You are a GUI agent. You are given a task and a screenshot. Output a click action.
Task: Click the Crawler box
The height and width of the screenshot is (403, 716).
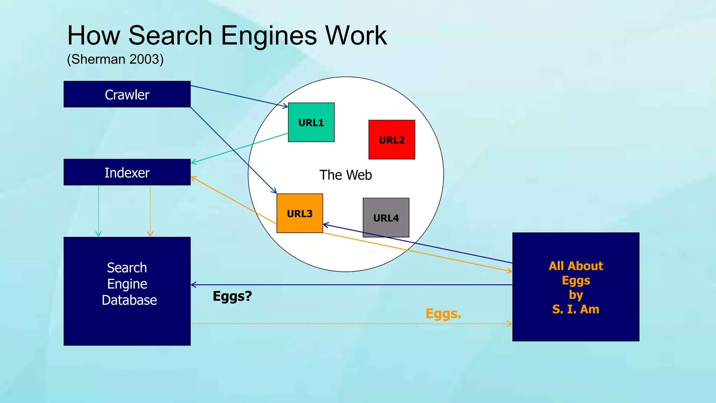(x=127, y=94)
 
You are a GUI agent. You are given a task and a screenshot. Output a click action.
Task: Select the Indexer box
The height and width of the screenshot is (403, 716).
(x=127, y=172)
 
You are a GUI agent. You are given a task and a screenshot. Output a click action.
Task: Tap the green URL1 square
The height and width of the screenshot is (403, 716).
(x=311, y=122)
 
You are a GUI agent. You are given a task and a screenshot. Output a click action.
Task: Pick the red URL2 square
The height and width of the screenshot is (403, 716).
(x=392, y=140)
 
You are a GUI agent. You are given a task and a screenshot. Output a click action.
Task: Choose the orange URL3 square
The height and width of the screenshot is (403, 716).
(x=300, y=213)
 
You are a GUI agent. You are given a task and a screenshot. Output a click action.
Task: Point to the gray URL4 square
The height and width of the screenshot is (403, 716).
(x=386, y=218)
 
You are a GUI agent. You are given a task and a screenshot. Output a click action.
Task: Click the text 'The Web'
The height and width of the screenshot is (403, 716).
(x=346, y=175)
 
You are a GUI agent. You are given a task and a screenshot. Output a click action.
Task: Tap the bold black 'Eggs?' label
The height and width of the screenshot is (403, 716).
(x=232, y=296)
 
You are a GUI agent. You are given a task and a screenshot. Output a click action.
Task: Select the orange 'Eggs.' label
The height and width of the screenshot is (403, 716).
(x=443, y=313)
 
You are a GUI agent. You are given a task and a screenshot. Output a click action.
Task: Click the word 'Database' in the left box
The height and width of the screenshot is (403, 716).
(x=129, y=300)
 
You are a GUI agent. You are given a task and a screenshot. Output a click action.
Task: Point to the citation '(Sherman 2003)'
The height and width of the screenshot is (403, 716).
(x=115, y=59)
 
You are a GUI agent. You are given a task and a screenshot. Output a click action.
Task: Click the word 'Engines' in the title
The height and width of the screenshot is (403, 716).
(x=269, y=36)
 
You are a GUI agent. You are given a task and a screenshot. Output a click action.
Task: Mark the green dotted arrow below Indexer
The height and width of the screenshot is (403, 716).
(x=99, y=210)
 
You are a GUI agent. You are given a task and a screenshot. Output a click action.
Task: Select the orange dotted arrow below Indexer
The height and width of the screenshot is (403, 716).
(x=150, y=210)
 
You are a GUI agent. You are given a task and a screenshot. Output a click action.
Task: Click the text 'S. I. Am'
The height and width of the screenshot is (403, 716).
(x=576, y=309)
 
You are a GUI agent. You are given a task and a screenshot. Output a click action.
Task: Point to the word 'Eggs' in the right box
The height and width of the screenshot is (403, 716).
(x=576, y=281)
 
